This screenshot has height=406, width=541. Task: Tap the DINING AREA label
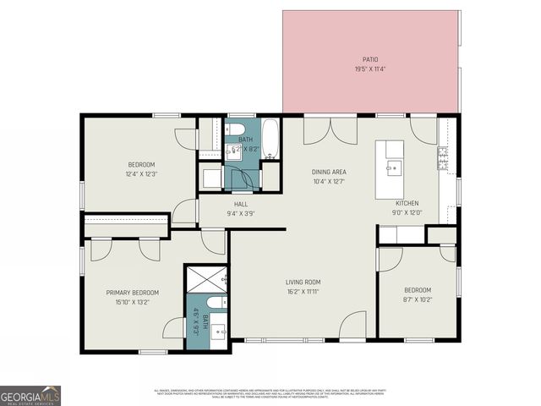[x=328, y=172]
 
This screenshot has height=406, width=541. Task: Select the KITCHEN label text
[x=407, y=203]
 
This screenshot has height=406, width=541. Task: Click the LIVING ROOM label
[x=302, y=282]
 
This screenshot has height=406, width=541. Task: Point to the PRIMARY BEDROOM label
[x=132, y=293]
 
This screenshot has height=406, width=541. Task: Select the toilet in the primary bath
[x=216, y=303]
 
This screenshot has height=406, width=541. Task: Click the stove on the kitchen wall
[x=442, y=156]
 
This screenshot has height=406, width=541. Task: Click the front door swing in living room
[x=353, y=327]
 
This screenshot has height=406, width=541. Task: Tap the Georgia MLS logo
[x=30, y=395]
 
